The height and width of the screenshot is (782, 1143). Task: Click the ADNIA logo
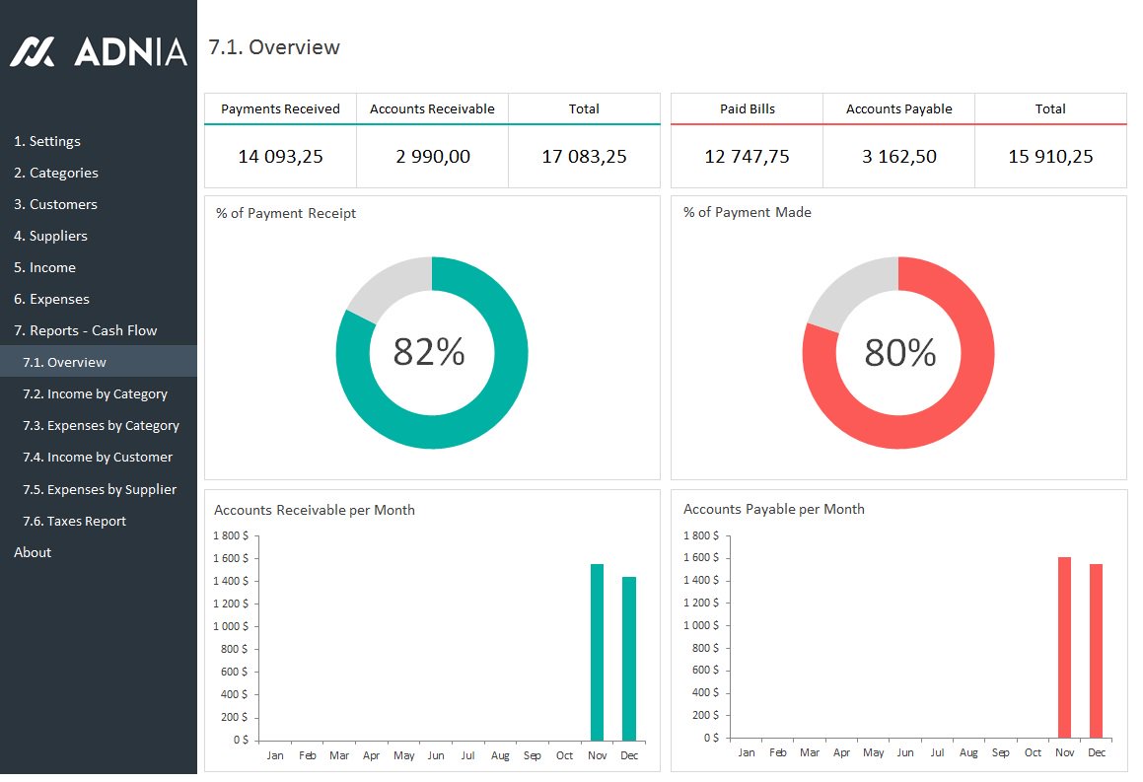pyautogui.click(x=98, y=51)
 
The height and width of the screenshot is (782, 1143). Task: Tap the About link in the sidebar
pyautogui.click(x=33, y=552)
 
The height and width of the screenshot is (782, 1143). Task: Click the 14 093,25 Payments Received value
pyautogui.click(x=280, y=156)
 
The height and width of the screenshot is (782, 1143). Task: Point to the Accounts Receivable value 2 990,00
pyautogui.click(x=432, y=156)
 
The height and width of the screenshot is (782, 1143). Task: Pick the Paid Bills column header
pyautogui.click(x=747, y=108)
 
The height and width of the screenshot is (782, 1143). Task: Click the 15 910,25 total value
pyautogui.click(x=1050, y=156)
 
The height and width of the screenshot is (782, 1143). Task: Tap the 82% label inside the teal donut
pyautogui.click(x=429, y=352)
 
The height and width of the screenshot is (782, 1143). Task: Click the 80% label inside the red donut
pyautogui.click(x=899, y=352)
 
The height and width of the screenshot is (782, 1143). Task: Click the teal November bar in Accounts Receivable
pyautogui.click(x=597, y=651)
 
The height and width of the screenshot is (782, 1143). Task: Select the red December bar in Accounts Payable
pyautogui.click(x=1096, y=650)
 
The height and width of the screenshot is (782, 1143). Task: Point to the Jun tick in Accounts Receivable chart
pyautogui.click(x=436, y=755)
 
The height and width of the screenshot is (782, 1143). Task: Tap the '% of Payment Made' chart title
pyautogui.click(x=747, y=212)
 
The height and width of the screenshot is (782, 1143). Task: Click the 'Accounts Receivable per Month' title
pyautogui.click(x=314, y=510)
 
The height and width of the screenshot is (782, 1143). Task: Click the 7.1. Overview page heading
pyautogui.click(x=274, y=47)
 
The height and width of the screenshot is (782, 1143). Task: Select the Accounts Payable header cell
pyautogui.click(x=898, y=108)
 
